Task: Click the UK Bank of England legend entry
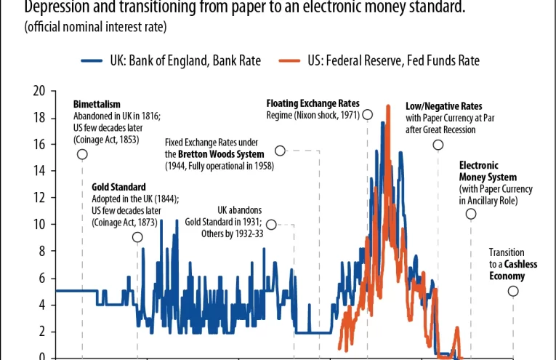[171, 61]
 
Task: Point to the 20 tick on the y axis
[39, 91]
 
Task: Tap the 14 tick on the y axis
[39, 171]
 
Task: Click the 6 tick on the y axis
[42, 278]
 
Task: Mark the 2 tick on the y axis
[42, 331]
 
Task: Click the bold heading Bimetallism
[97, 105]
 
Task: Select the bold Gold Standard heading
[118, 187]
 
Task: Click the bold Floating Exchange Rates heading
[313, 104]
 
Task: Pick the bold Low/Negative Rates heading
[443, 106]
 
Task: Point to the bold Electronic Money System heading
[488, 172]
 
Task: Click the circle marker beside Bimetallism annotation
[82, 154]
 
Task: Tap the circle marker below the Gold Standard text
[137, 237]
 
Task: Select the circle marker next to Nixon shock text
[367, 114]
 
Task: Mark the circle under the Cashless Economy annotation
[513, 291]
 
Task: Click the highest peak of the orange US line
[388, 106]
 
